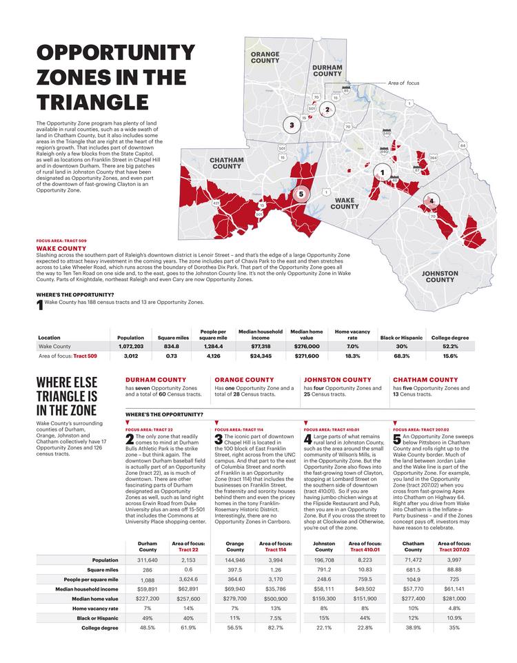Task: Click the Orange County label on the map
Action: click(x=265, y=57)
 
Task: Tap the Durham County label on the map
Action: click(x=327, y=70)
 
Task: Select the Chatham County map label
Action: click(x=226, y=163)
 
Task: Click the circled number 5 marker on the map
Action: click(x=301, y=195)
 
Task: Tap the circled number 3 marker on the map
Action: click(x=292, y=125)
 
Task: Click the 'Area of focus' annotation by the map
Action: click(x=403, y=83)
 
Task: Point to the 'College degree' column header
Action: click(x=450, y=338)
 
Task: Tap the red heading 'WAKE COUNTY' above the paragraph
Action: click(x=61, y=247)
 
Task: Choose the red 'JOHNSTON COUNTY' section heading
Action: click(x=337, y=380)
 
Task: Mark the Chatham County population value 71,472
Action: click(x=413, y=560)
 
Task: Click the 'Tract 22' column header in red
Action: click(x=188, y=549)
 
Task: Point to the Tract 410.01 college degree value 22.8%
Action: click(x=365, y=628)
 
